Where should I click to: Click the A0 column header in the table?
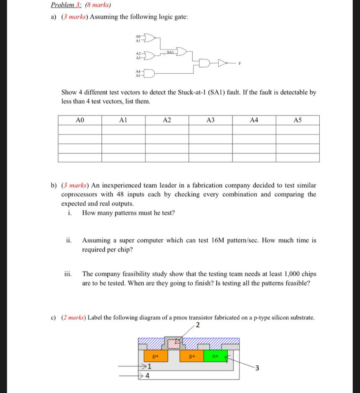coord(79,120)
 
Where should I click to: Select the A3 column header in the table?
coord(210,120)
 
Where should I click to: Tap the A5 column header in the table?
coord(297,120)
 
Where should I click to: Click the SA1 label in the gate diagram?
coord(171,52)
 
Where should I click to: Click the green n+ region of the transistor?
coord(215,355)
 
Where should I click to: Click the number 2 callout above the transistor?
coord(198,326)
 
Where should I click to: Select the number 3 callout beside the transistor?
coord(257,369)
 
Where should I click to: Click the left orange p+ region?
coord(155,356)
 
